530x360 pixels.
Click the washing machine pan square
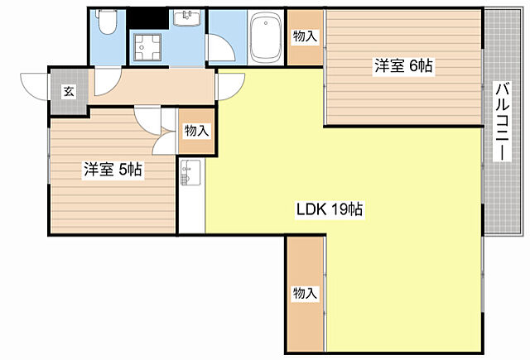(150, 49)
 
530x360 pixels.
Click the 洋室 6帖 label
(403, 66)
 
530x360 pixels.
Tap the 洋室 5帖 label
(113, 170)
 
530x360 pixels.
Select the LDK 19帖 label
(329, 209)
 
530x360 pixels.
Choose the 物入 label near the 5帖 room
(196, 131)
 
